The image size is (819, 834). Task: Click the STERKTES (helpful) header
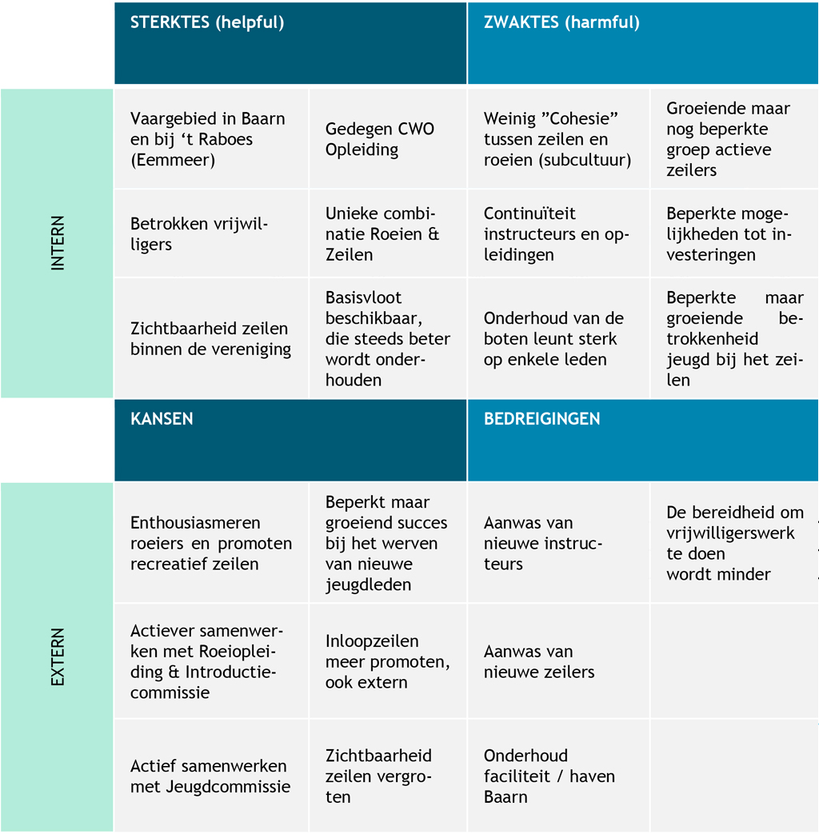207,22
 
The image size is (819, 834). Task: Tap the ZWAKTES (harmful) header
561,22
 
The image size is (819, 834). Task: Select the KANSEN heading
162,418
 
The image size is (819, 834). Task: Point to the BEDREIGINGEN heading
541,418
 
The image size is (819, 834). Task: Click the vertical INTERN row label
58,243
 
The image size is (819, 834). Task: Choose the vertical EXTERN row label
58,656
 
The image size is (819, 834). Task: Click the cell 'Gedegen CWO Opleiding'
388,139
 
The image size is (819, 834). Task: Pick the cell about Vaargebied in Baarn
211,139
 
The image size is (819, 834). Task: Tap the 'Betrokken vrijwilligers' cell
211,233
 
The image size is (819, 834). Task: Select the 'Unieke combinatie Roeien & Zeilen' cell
388,233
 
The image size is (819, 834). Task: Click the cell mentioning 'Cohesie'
558,139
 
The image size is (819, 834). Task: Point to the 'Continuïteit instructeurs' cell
558,233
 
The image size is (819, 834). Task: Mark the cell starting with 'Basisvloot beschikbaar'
388,338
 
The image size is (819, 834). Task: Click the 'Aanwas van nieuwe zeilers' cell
558,661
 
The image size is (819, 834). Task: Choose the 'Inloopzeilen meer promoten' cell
388,661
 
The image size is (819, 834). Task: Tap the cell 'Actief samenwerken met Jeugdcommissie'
211,776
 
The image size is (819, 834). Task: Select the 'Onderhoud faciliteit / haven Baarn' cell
558,776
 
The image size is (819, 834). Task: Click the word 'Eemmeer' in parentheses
173,160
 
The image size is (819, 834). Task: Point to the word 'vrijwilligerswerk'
730,533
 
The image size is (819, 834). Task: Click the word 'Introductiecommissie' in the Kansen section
203,682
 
